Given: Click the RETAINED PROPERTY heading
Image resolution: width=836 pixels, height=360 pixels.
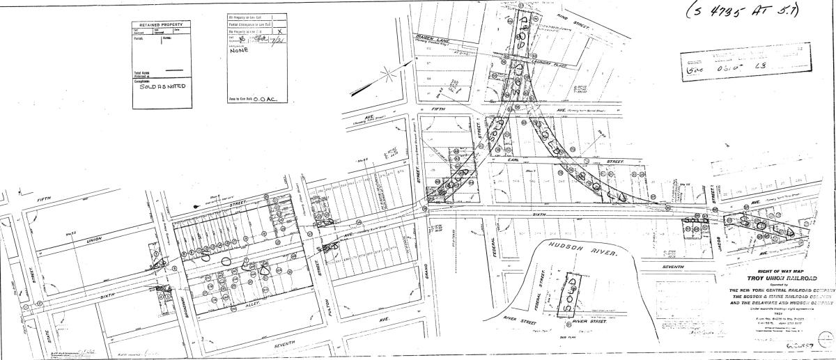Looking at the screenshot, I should pos(162,24).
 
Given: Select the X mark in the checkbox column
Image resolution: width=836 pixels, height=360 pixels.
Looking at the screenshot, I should pos(279,31).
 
